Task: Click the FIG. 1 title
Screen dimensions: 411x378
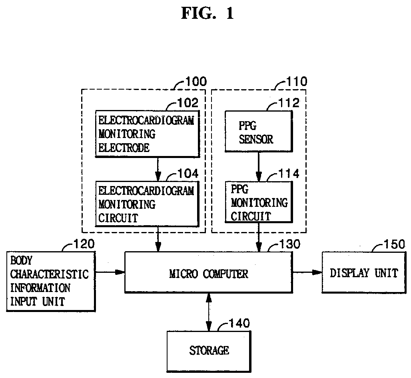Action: (207, 13)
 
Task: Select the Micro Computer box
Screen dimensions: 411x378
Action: (209, 272)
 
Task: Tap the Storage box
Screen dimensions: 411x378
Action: (209, 351)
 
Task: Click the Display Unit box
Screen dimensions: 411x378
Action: (364, 272)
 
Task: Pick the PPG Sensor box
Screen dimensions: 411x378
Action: (259, 131)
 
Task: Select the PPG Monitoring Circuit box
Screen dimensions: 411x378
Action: (259, 202)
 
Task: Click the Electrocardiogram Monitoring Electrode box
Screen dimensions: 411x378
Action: (147, 134)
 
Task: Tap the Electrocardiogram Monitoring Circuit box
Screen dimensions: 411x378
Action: (147, 204)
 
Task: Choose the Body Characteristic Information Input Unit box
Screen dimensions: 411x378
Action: (51, 282)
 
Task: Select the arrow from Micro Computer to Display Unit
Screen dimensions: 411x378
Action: (307, 272)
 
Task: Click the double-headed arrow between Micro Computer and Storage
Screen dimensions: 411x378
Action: (209, 312)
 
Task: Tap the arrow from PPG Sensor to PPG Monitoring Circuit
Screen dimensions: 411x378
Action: (259, 167)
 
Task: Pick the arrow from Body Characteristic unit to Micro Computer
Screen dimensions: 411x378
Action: (110, 272)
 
